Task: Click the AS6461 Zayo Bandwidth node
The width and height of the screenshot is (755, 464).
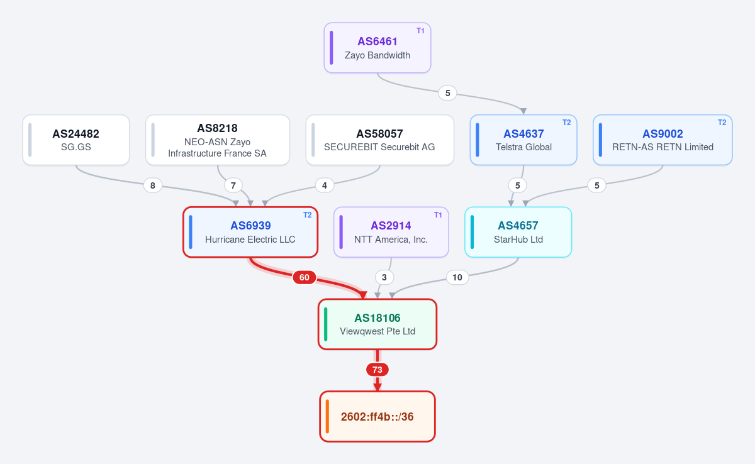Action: (377, 48)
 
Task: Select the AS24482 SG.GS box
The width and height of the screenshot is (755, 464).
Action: (76, 140)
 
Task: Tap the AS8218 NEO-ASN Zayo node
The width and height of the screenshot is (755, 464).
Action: (218, 140)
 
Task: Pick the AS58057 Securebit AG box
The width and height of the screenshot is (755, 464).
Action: (380, 140)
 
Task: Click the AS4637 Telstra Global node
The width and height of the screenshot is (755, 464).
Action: (523, 140)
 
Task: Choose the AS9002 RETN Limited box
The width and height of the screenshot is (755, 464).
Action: (663, 140)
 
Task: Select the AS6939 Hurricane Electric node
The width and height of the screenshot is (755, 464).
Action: (250, 232)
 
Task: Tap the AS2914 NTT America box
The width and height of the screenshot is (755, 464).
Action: (391, 232)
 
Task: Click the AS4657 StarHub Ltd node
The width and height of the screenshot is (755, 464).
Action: (518, 232)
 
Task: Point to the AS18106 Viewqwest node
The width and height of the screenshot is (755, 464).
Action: (377, 324)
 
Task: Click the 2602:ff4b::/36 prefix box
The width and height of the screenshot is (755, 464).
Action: (377, 416)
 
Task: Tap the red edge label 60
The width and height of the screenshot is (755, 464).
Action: (305, 277)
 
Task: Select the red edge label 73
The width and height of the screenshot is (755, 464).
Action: (377, 370)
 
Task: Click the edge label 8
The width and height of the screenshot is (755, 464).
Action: (153, 185)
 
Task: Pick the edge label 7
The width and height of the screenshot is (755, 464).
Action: (233, 185)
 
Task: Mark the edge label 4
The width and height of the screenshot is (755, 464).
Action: (324, 185)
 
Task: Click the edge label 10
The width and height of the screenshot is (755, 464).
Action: (457, 277)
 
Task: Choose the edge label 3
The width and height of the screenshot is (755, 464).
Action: (384, 277)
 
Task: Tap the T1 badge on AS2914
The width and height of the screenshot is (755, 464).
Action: (438, 215)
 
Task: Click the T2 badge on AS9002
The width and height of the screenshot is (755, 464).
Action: (722, 123)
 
